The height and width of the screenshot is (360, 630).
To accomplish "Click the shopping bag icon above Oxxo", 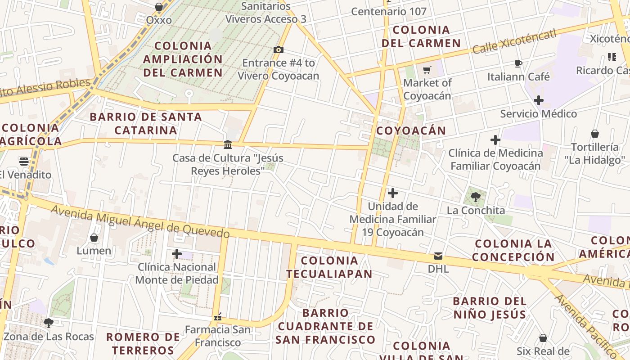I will [x=159, y=7].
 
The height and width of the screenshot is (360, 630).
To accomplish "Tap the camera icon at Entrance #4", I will [x=279, y=49].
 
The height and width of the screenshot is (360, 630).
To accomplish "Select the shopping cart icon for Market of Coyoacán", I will [x=427, y=70].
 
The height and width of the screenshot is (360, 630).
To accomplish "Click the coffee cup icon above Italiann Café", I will [x=518, y=63].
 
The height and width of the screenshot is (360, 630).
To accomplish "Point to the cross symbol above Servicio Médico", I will [x=538, y=100].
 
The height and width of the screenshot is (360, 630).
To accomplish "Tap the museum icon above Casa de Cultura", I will [x=228, y=144].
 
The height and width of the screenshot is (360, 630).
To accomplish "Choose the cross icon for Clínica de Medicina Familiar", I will [x=495, y=140].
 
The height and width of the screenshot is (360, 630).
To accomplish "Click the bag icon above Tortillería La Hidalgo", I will [x=595, y=134].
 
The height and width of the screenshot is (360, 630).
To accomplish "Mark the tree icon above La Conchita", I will [x=476, y=197].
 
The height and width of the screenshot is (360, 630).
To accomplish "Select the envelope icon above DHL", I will [x=438, y=256].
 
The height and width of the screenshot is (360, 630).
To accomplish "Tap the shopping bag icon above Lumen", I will [x=94, y=237].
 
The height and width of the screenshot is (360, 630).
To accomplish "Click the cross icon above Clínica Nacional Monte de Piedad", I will [x=177, y=254].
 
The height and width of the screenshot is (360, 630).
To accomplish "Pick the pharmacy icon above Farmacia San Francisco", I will [x=218, y=317].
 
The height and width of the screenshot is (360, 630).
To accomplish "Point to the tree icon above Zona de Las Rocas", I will [x=49, y=323].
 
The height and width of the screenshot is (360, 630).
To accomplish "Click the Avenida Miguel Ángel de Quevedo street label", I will [x=140, y=221].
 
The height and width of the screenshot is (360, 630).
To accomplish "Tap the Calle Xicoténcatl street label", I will [x=514, y=41].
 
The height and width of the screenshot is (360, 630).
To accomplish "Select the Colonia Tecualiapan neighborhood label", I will [x=329, y=267].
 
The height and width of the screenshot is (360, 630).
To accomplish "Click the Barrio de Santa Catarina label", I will [x=146, y=123].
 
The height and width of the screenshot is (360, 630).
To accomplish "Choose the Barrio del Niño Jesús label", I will [x=489, y=307].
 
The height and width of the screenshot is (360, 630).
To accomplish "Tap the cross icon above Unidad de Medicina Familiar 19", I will [x=393, y=193].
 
